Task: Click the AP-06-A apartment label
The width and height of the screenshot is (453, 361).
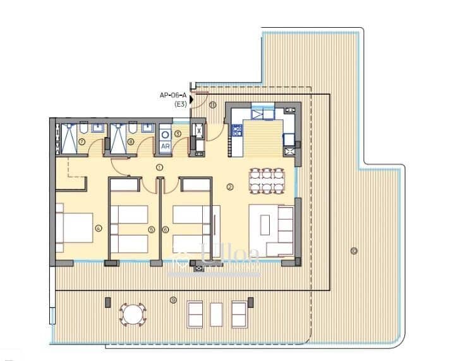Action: pos(174,96)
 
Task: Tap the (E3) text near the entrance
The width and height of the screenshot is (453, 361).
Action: pos(181,105)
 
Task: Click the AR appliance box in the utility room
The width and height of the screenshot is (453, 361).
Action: pos(165,146)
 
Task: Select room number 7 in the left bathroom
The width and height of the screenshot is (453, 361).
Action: pos(83,142)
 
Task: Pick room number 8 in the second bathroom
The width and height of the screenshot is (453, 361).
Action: pos(130,142)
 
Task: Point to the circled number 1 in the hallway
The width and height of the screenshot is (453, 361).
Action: pos(160,167)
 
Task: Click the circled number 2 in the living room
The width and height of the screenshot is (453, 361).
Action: pos(230,186)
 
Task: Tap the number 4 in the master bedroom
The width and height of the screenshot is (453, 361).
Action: pos(99,228)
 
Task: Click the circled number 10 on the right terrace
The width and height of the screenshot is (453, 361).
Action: pos(353,252)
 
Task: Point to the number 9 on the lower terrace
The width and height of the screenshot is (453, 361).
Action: pos(172,300)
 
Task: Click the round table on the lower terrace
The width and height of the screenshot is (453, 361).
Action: pos(132,314)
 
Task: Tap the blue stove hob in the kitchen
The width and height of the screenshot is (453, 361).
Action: pos(237,131)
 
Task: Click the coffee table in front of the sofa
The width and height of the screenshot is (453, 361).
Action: pos(265,225)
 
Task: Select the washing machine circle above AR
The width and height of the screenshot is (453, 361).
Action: pos(166,133)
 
